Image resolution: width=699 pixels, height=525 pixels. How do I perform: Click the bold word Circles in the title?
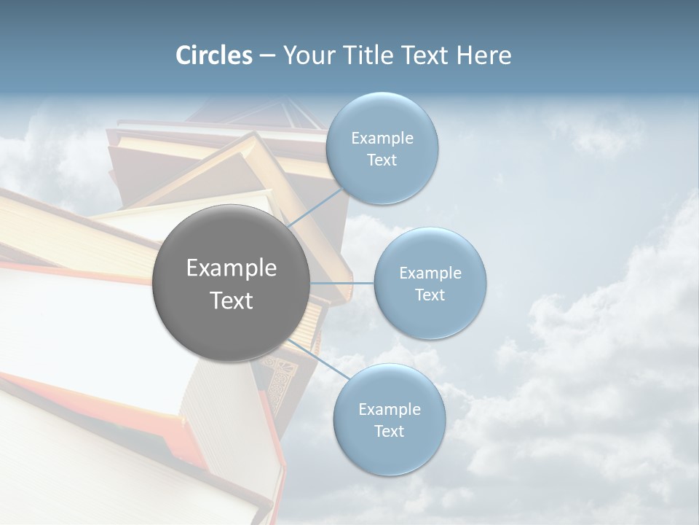[x=214, y=55]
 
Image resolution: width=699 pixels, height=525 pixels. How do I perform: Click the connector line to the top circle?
[x=316, y=208]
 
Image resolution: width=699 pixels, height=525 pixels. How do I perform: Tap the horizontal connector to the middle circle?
[x=341, y=283]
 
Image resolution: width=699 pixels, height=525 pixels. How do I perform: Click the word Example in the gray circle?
[x=231, y=268]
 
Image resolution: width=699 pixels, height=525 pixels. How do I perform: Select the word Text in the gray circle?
[x=231, y=300]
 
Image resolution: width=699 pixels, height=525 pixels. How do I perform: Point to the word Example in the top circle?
[x=382, y=139]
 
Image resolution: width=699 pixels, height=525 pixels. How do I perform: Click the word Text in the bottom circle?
[x=389, y=432]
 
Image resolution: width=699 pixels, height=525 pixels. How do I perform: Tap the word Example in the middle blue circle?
[x=430, y=273]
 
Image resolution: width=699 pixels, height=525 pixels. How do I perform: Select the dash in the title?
[x=266, y=55]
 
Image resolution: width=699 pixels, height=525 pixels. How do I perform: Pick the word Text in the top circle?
[x=382, y=160]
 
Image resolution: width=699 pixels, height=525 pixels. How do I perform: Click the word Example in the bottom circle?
[x=389, y=410]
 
